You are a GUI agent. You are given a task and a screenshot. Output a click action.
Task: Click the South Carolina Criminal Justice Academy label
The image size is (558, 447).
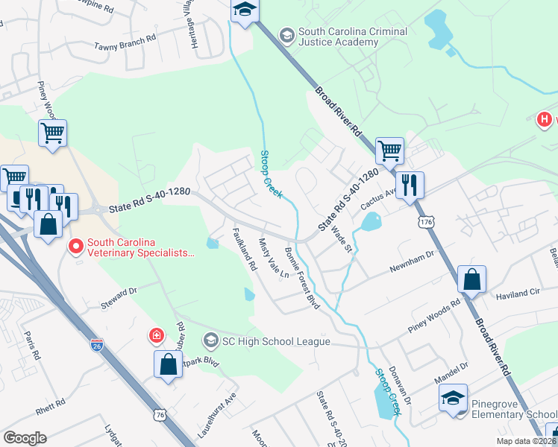(x=352, y=37)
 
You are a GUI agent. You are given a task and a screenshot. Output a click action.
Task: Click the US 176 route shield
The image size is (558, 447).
(x=426, y=222)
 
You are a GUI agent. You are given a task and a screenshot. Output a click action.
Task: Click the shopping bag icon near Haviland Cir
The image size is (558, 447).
(x=471, y=280)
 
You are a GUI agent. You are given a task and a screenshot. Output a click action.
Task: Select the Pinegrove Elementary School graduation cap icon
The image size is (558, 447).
(x=453, y=398)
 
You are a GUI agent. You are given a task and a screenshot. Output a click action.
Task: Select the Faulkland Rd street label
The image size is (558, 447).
(x=245, y=248)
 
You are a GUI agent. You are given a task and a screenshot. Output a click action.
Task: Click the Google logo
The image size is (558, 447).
(x=25, y=438)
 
